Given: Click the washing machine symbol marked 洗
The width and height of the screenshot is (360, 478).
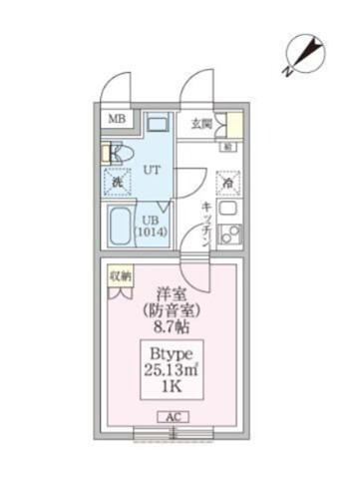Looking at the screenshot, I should tap(116, 183).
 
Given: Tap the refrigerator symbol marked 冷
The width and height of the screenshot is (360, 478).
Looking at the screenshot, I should tap(228, 183).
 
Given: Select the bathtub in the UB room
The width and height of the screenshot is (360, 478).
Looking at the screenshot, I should tap(119, 231).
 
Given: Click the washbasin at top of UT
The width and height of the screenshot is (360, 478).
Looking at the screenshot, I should tap(157, 126).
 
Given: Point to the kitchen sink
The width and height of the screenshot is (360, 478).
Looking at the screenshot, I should tap(229, 213).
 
